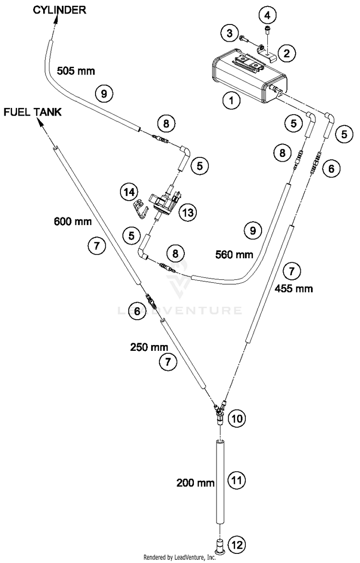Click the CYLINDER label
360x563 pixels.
tap(60, 10)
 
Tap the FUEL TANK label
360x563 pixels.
tap(33, 112)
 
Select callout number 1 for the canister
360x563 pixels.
tap(231, 100)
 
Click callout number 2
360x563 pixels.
tap(287, 53)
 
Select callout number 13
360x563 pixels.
tap(188, 213)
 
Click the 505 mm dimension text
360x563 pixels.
tap(76, 71)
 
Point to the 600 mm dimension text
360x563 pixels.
tap(73, 221)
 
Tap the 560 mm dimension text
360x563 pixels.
tap(234, 254)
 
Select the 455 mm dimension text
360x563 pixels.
tap(294, 288)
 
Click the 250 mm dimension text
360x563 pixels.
tap(149, 347)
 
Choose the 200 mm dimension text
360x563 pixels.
tap(196, 483)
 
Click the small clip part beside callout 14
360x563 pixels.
tap(140, 209)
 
